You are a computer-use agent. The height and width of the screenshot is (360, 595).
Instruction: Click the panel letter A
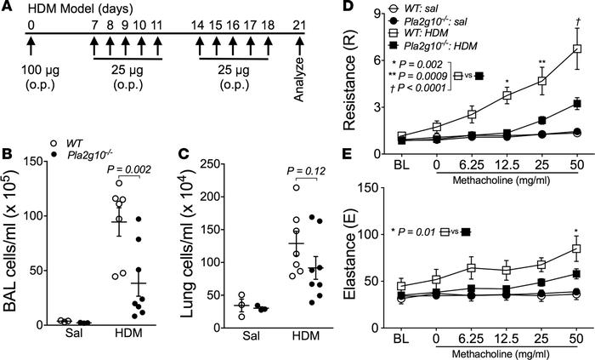(8, 9)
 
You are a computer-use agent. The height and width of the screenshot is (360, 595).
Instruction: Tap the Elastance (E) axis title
(348, 264)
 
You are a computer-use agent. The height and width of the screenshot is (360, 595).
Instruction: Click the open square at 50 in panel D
(576, 49)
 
